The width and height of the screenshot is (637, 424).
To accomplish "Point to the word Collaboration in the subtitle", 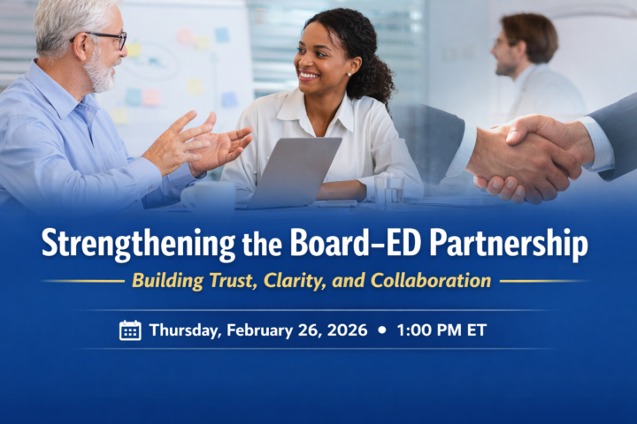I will [431, 281].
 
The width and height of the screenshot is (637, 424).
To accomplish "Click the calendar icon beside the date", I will [130, 330].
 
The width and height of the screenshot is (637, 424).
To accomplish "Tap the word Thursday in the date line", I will [186, 330].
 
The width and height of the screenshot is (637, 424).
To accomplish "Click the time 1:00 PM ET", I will [441, 330].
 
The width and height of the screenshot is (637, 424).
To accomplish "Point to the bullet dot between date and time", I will [381, 330].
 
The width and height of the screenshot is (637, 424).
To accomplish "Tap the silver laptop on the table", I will [292, 172].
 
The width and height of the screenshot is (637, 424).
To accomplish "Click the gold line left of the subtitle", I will [84, 281].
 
